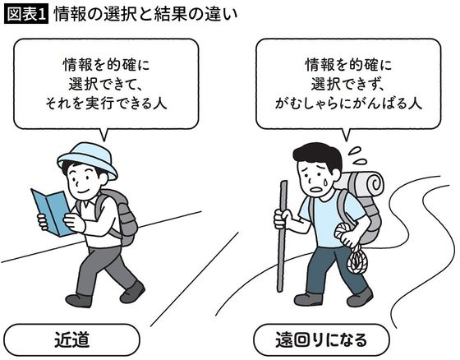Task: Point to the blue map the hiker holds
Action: click(49, 210)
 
